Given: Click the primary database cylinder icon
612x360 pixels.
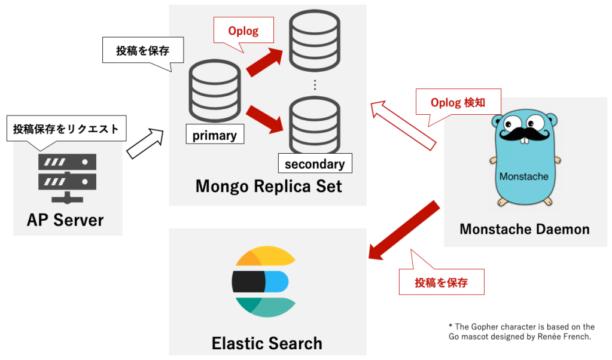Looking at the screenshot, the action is coord(215,91).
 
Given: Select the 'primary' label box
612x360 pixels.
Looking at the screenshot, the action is coord(215,134).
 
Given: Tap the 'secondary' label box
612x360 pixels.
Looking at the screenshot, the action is coord(315,163).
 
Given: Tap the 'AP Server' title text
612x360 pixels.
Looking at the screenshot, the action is coord(65,220).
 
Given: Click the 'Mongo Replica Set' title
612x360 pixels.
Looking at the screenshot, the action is coord(269,186).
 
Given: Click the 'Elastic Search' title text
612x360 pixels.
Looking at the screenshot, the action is coord(267,343).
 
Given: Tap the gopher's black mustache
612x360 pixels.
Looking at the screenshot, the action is coord(525,134).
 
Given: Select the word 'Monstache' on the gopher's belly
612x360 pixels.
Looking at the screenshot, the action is coord(524,176).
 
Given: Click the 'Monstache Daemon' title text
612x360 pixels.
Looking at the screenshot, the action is coord(525,229).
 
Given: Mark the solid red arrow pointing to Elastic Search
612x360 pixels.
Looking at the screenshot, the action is coord(404,230).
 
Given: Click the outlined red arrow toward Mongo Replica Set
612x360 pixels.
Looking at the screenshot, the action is coord(403,126).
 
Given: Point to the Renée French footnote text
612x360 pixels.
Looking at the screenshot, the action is coord(522,331).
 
